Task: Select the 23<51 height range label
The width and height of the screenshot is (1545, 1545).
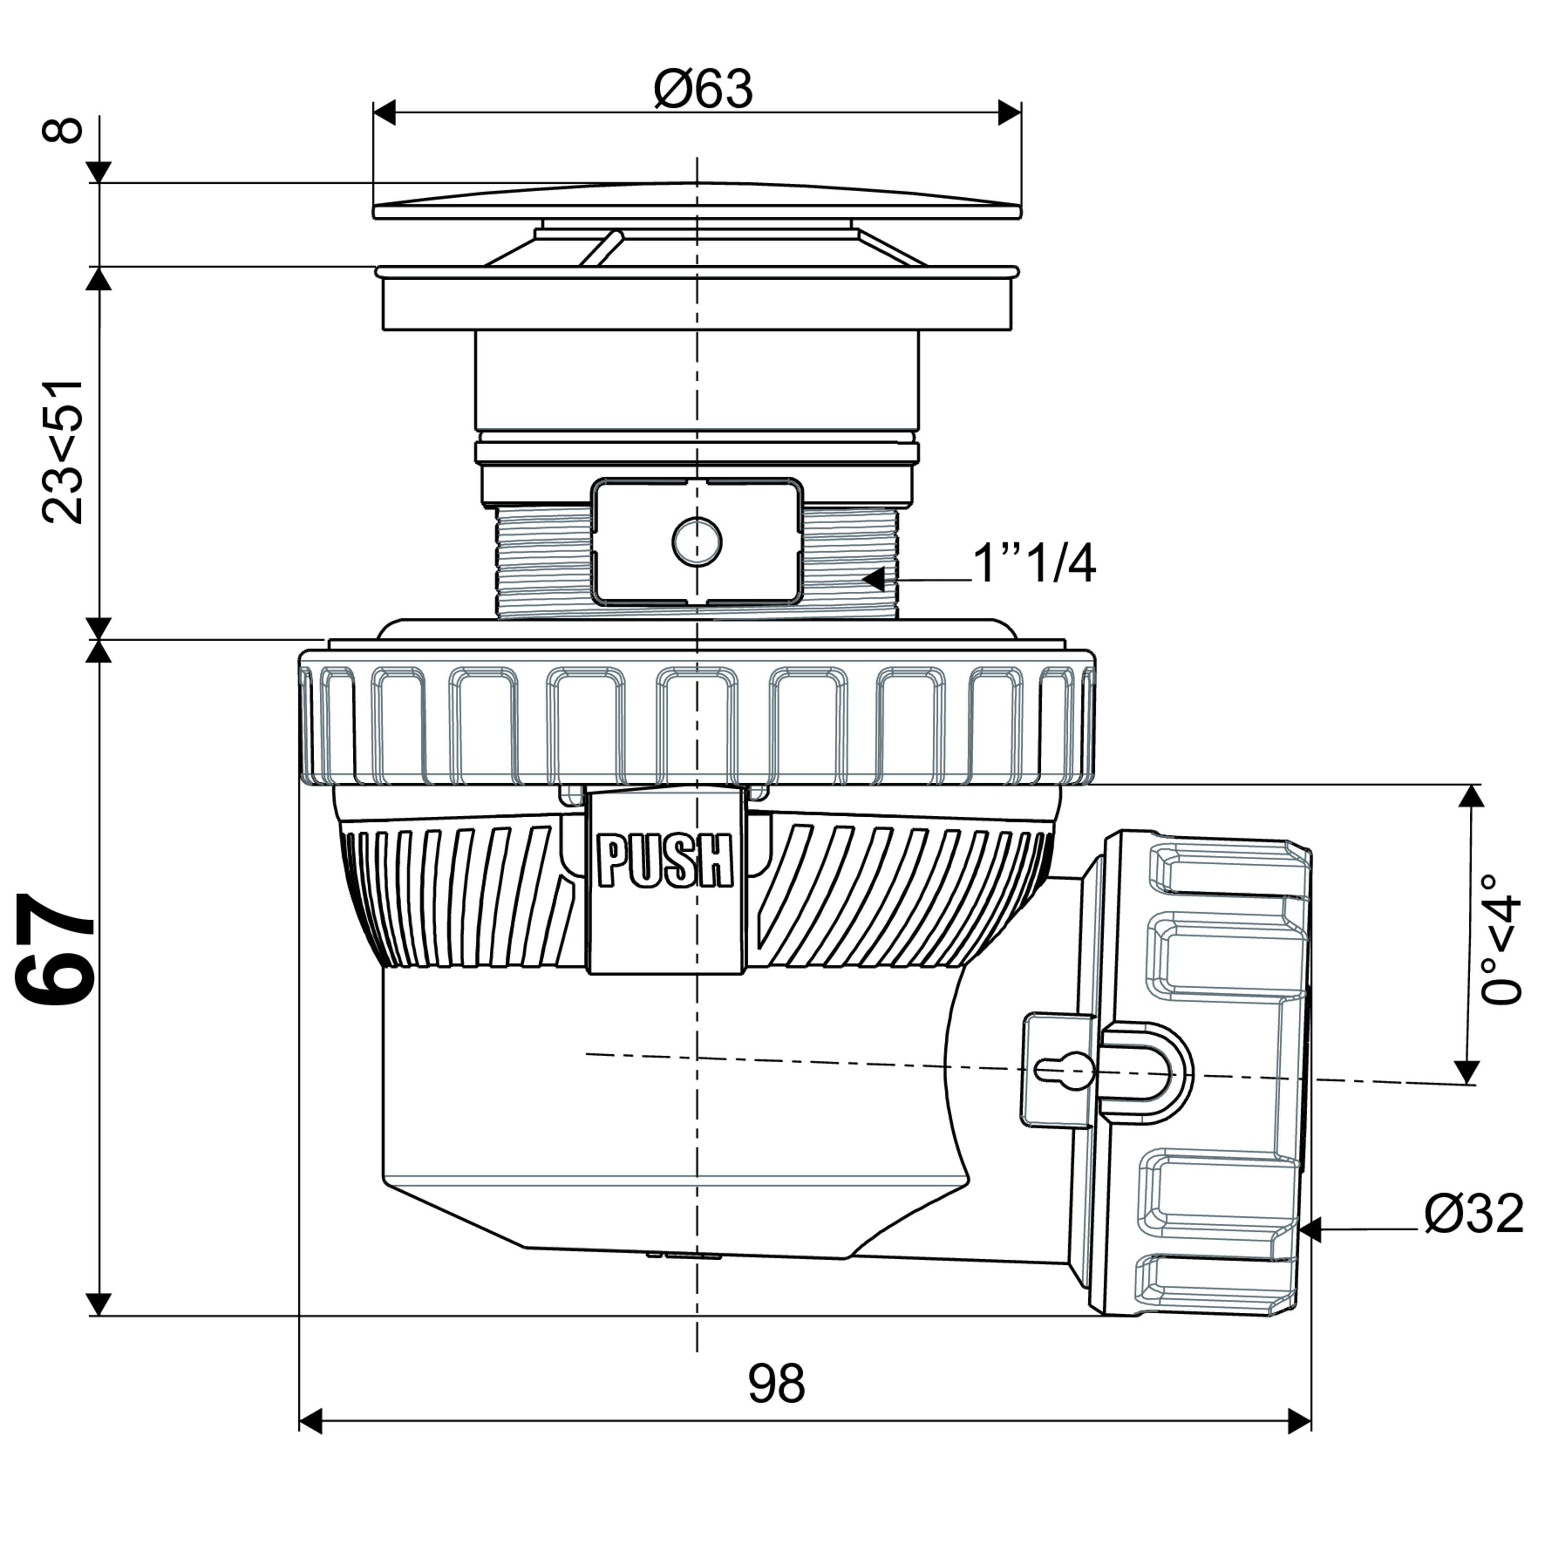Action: (x=62, y=452)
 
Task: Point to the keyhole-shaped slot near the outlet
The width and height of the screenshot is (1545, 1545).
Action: (x=1065, y=1069)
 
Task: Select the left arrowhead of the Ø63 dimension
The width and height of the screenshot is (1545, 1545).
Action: (x=385, y=113)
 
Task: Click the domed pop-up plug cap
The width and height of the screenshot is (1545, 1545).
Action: (x=697, y=200)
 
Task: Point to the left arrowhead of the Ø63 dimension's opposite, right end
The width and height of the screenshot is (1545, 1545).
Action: (x=1009, y=113)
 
